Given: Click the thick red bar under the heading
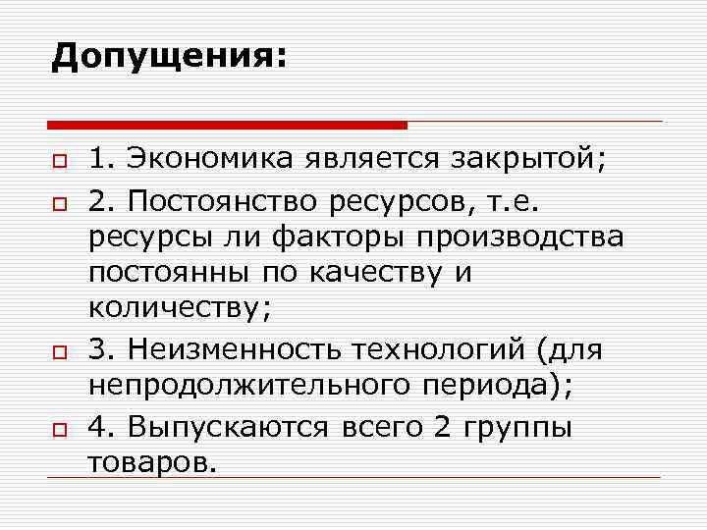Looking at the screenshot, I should click(x=227, y=125).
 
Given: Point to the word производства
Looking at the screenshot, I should click(x=531, y=238).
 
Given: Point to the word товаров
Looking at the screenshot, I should click(x=149, y=461).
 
